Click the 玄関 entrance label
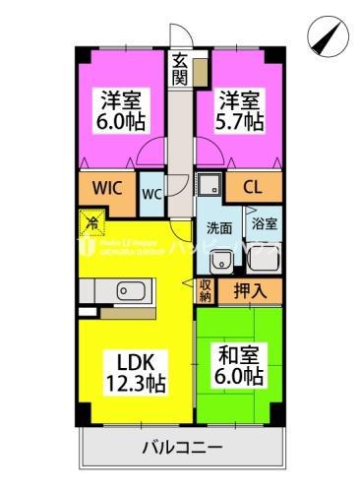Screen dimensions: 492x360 (180, 69)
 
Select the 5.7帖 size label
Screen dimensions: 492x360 (240, 122)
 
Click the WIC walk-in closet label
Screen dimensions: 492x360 (107, 186)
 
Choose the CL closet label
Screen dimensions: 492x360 (253, 187)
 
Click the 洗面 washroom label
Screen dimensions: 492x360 (218, 228)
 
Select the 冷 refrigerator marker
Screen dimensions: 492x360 (90, 222)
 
